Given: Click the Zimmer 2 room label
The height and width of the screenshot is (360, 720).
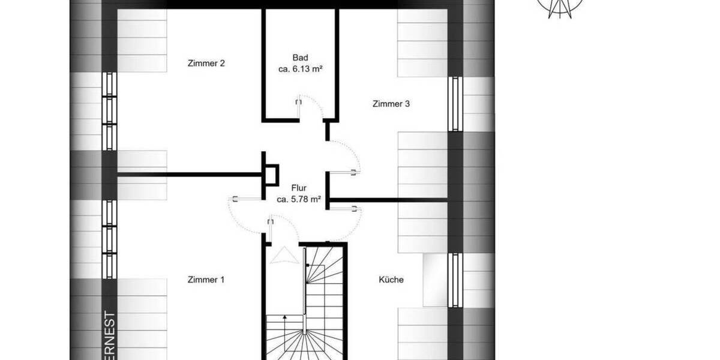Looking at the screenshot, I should coord(206,63).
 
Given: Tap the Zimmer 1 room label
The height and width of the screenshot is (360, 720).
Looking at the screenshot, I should coord(206,279).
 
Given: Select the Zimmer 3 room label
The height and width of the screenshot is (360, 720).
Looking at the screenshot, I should coord(391,104).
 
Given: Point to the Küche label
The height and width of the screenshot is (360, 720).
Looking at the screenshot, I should coord(391,280).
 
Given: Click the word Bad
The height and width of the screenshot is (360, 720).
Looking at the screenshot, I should coord(300,58).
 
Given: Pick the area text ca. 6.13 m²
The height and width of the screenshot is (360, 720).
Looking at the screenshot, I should coord(301,69).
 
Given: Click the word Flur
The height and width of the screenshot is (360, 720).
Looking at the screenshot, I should coord(299,187).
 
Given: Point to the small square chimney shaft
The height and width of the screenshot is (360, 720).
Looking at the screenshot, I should coord(271,175).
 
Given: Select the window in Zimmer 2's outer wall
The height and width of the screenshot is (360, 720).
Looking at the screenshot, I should coord(109,111).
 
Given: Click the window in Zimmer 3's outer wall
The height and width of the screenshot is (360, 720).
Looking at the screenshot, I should coord(454,104).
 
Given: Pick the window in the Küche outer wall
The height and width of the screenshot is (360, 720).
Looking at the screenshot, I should coord(454,280).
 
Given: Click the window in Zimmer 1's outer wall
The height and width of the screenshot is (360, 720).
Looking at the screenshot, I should coord(109,239).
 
